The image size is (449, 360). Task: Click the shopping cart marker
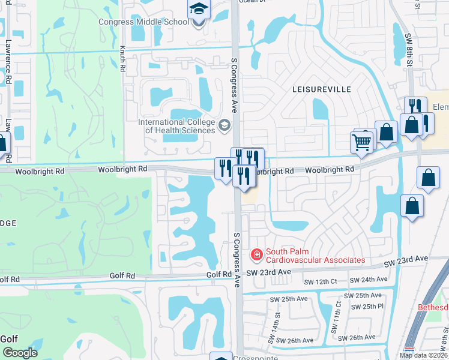[x=362, y=142]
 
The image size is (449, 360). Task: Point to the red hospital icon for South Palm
[x=258, y=256]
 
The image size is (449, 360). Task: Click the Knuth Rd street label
[x=122, y=60]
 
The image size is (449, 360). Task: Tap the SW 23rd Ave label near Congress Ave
[x=268, y=272]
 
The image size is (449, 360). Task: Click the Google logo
[x=19, y=353]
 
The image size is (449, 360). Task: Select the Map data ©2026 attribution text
[x=424, y=355]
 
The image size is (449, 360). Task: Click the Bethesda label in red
[x=433, y=307]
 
